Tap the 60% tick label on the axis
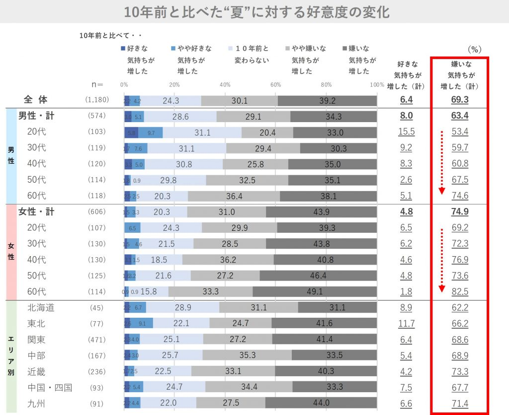[x=275, y=84]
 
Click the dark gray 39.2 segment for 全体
[x=327, y=100]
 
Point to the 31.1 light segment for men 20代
[x=202, y=133]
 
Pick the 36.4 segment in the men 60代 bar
[x=234, y=196]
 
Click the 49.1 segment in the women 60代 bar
[x=315, y=291]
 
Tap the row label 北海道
[x=41, y=308]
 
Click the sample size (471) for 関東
[x=97, y=340]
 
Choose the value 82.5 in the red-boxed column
[x=460, y=291]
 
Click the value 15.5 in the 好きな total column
[x=406, y=133]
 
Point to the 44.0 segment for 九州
[x=321, y=404]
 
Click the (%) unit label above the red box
[x=475, y=50]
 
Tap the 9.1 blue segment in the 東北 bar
[x=142, y=324]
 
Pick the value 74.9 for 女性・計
[x=460, y=212]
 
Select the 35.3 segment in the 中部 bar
[x=247, y=356]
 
